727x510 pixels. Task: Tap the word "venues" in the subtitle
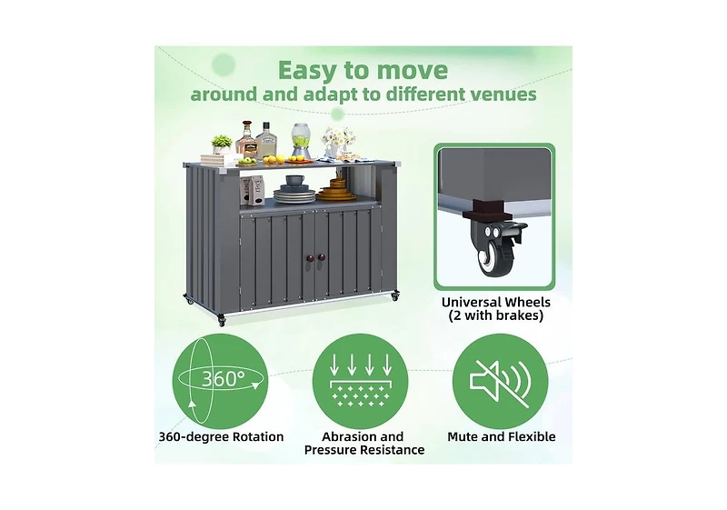504,95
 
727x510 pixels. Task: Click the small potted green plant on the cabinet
222,145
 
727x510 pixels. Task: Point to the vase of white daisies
338,142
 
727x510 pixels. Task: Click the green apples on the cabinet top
247,161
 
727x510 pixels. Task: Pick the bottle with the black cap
265,141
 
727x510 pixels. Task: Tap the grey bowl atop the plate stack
294,180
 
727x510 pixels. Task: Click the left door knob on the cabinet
309,258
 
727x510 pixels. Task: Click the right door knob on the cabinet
322,257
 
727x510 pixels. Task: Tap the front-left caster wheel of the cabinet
221,320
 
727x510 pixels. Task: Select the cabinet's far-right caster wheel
395,295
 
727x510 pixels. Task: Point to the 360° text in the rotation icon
223,379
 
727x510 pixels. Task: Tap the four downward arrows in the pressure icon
360,365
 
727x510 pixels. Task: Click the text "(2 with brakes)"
495,315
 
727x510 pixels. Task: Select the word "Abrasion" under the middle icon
344,436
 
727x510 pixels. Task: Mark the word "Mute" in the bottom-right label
463,436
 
